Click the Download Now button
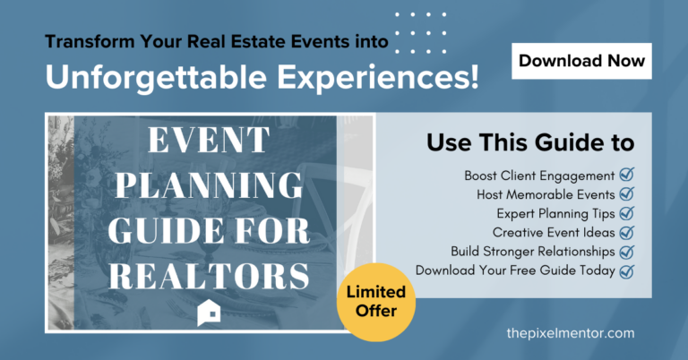581,61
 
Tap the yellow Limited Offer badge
376,302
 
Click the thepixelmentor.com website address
571,333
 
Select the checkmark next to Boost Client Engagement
626,175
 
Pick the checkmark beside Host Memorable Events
626,193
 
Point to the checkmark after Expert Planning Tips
626,212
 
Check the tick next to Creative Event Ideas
626,232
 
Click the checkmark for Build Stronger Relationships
626,252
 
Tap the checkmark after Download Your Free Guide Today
626,271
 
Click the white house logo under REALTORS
209,313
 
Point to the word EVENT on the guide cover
209,140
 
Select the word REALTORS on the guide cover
209,276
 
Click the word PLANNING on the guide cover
209,185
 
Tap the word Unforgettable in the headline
156,77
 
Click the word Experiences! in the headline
377,77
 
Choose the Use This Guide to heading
530,142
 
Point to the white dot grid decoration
420,33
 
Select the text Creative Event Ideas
554,233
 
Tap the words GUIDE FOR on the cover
209,231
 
